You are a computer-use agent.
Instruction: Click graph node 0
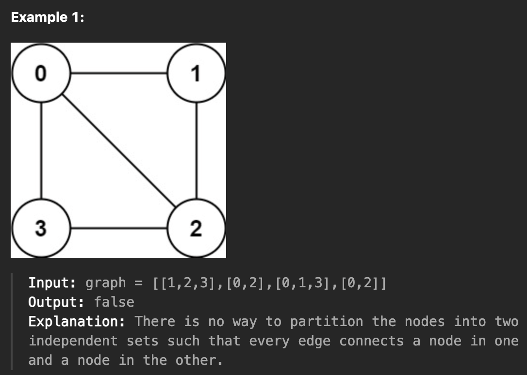(x=41, y=74)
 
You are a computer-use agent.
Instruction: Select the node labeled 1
(x=196, y=74)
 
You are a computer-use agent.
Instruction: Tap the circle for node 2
(x=196, y=228)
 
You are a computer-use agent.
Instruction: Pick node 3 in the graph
(x=41, y=228)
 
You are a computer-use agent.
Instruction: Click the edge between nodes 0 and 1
(x=118, y=74)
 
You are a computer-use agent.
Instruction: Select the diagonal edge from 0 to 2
(x=118, y=151)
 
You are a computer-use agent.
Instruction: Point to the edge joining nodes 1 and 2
(x=196, y=151)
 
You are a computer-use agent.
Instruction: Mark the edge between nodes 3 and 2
(x=118, y=228)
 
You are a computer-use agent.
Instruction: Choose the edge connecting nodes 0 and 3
(x=41, y=151)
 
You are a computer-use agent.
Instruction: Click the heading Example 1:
(x=47, y=18)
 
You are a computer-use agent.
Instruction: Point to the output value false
(x=114, y=302)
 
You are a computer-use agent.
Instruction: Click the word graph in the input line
(x=106, y=283)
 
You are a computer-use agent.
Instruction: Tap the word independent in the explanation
(x=73, y=341)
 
